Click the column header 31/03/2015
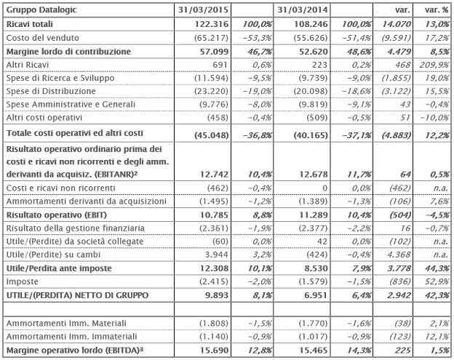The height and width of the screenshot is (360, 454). coord(204,9)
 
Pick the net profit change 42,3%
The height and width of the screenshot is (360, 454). coord(434,297)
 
